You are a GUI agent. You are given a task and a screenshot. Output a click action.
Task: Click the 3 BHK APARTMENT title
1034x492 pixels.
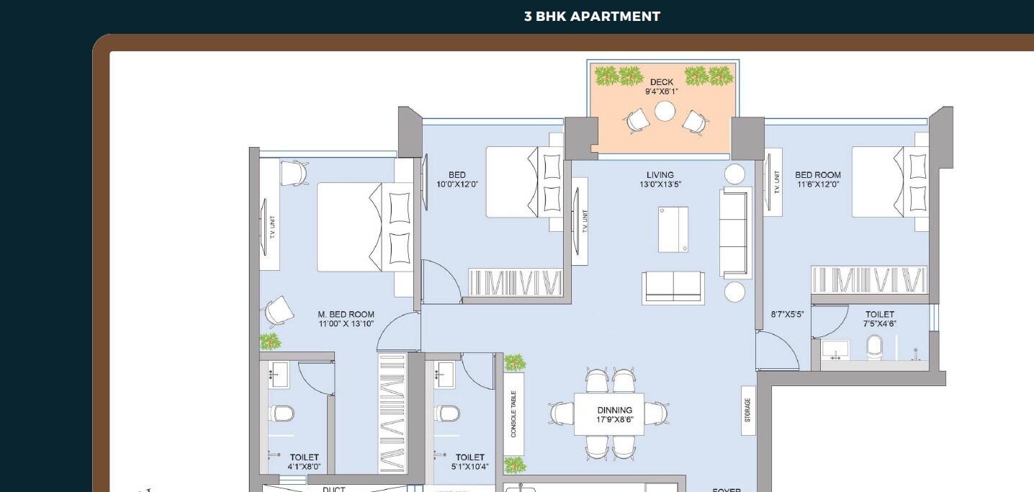click(592, 17)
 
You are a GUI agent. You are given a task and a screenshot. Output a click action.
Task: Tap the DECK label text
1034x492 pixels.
click(661, 82)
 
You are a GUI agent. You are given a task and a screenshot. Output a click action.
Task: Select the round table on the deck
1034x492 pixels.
click(665, 111)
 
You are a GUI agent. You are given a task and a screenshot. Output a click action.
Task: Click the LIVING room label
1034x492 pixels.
click(660, 175)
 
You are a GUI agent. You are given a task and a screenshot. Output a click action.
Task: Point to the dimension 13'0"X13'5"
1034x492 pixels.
click(660, 184)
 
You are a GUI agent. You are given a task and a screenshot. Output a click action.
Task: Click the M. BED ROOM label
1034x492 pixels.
click(346, 314)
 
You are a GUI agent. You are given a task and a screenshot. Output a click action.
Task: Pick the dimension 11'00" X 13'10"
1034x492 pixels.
click(346, 324)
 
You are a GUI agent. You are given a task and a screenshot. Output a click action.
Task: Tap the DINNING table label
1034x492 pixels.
click(614, 411)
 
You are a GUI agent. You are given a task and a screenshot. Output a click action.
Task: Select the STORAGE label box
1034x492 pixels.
click(747, 411)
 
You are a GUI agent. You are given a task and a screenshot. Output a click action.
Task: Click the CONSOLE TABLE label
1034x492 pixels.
click(513, 414)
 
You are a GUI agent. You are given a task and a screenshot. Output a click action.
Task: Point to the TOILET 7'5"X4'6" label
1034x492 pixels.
click(879, 318)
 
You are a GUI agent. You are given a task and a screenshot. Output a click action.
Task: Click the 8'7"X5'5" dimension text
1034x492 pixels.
click(786, 314)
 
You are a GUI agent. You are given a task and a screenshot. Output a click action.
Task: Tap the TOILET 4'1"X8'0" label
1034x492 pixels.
click(304, 462)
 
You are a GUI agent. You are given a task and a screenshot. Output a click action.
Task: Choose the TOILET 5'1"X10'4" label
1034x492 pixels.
click(469, 462)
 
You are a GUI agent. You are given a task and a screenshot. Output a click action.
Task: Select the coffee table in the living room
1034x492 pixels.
click(673, 229)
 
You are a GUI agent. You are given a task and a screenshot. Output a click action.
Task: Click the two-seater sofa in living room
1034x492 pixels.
click(673, 287)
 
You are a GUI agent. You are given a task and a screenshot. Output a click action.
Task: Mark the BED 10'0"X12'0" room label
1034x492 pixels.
click(457, 179)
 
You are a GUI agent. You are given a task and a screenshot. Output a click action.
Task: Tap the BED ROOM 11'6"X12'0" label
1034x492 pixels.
click(817, 179)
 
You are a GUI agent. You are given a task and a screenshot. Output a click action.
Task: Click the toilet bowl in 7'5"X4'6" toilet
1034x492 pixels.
click(874, 346)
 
